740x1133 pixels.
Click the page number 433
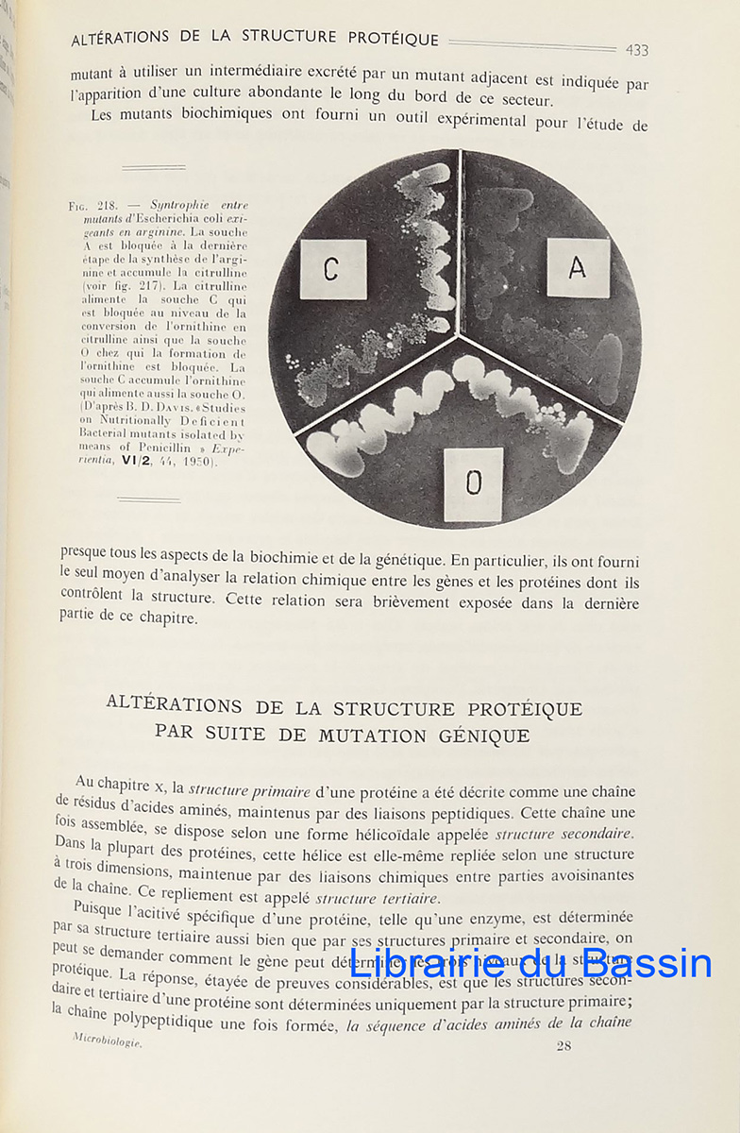coord(636,50)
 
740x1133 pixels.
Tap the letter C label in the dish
coord(332,270)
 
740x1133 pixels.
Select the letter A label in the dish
coord(577,268)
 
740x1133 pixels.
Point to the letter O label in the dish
coord(473,482)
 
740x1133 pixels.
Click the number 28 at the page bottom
coord(563,1045)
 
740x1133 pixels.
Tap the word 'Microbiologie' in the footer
coord(108,1040)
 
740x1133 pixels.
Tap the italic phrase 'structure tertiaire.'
coord(378,898)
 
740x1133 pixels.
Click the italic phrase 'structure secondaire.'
coord(564,834)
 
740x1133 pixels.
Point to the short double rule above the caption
coord(153,168)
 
